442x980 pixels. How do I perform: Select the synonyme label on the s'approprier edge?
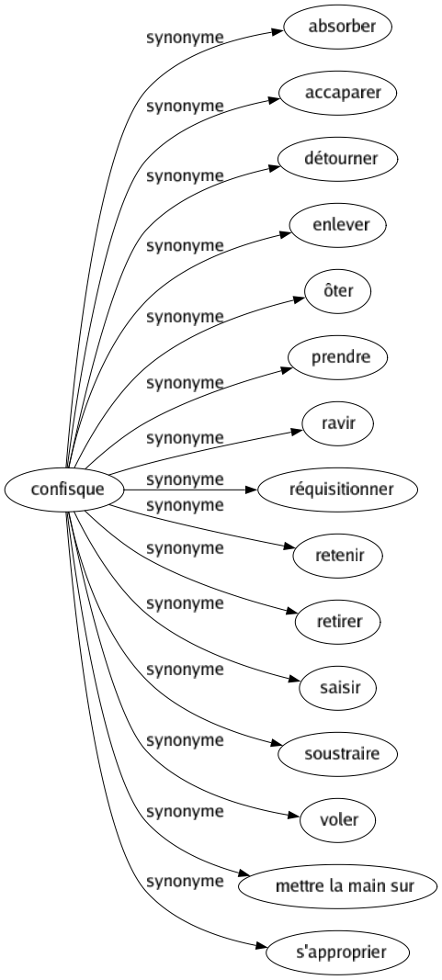click(185, 881)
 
